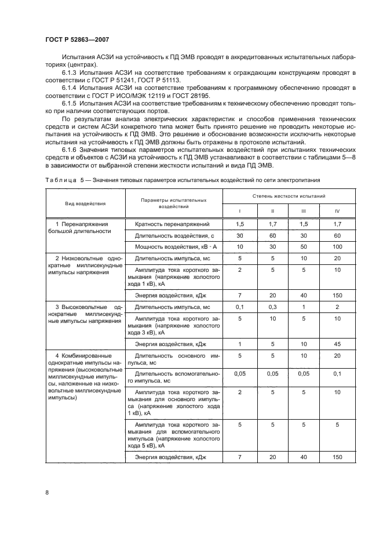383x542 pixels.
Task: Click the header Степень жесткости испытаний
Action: (289, 197)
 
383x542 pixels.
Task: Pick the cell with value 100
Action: (337, 247)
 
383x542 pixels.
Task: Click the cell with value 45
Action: (337, 345)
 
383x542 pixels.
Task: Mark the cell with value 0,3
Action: (272, 306)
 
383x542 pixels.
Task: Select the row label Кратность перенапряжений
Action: (169, 224)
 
